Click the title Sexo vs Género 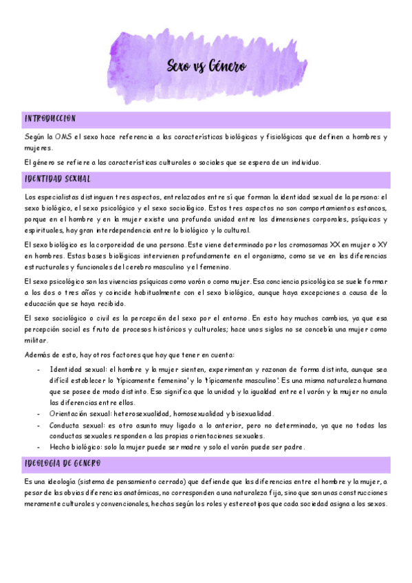(206, 67)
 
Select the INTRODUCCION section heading (50, 119)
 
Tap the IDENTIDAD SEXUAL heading (57, 179)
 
